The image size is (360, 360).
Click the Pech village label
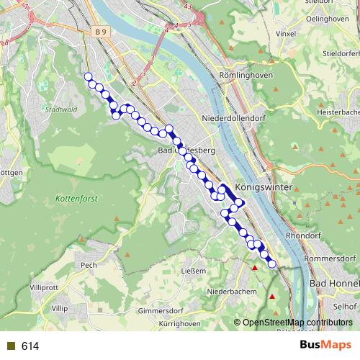89,264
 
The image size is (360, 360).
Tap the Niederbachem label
228,292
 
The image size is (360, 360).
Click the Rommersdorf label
330,258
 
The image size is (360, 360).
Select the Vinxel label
286,34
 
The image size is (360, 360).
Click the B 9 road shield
99,32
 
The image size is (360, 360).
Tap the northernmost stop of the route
88,76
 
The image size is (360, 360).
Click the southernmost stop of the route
272,264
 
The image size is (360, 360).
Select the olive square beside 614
10,346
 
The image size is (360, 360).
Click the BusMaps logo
325,346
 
